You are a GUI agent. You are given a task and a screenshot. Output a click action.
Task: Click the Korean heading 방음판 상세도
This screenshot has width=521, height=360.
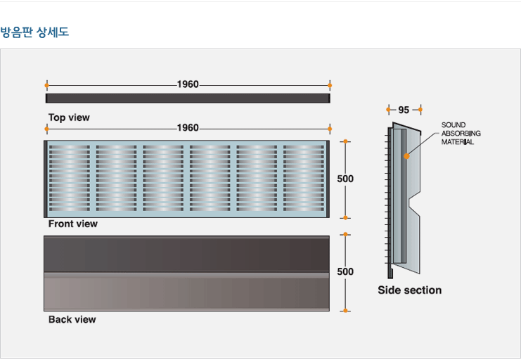point(34,32)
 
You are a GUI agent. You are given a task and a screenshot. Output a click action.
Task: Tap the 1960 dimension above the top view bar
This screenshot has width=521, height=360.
point(188,84)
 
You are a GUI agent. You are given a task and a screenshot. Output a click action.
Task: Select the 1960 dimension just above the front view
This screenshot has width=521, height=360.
point(188,128)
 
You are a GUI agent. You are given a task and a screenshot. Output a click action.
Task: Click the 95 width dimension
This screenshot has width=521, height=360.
point(404,110)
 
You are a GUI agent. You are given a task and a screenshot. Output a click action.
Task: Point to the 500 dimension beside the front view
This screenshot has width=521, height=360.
point(345,179)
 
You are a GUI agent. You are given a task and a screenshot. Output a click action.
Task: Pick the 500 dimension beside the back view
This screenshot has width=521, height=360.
point(345,271)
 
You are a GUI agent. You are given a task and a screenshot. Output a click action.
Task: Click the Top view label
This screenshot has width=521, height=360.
point(69,117)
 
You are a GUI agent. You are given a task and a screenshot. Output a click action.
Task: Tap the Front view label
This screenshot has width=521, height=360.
point(73,224)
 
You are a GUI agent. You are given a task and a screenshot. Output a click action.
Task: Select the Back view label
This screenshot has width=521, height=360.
point(72,319)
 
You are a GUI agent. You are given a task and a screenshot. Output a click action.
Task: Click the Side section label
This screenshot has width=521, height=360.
point(410,290)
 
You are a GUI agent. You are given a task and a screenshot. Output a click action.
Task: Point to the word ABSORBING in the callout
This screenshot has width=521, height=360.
point(461,134)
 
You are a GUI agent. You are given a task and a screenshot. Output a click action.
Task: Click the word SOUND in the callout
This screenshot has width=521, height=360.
point(454,125)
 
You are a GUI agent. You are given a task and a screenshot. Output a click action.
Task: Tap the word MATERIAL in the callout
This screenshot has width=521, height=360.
point(458,142)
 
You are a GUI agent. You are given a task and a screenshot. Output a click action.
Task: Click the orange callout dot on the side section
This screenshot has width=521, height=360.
point(406,156)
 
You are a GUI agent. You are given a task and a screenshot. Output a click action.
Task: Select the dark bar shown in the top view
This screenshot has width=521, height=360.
point(188,98)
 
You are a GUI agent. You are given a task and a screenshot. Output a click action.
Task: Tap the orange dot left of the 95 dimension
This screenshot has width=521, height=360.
point(388,110)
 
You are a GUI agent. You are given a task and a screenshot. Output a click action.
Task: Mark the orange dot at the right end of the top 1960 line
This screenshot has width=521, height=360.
point(330,85)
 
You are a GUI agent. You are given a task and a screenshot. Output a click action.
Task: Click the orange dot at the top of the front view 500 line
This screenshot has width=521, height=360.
point(345,141)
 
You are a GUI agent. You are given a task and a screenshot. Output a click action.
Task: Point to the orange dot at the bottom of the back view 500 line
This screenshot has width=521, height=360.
point(345,311)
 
